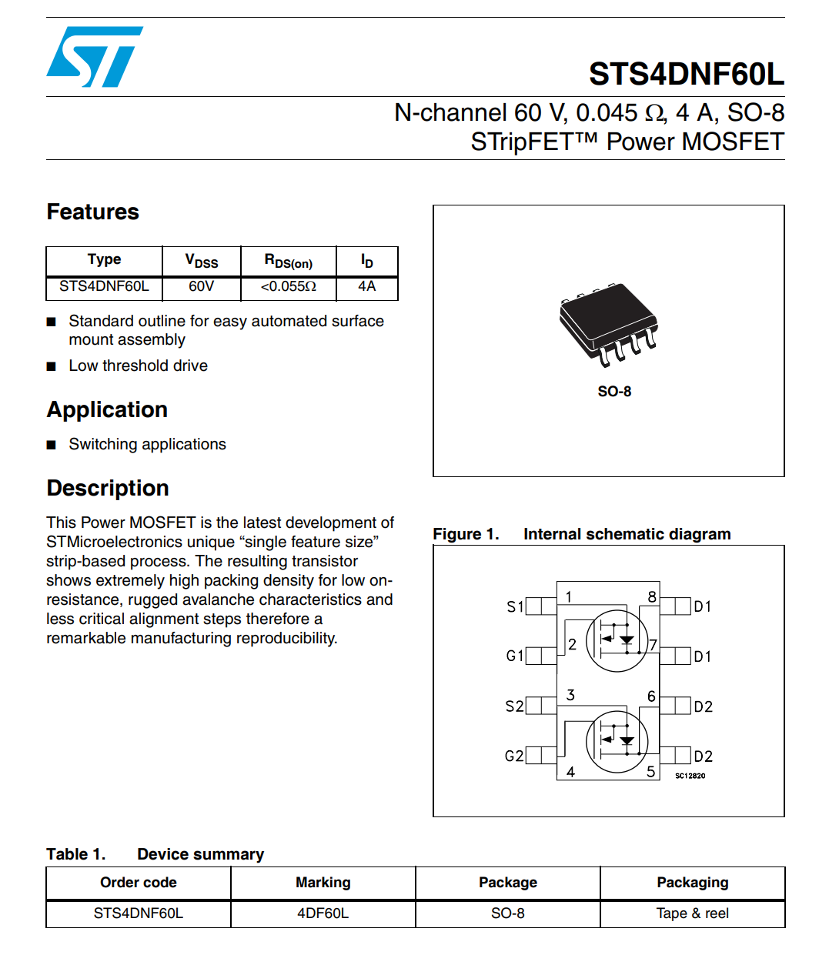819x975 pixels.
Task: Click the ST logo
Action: [x=95, y=57]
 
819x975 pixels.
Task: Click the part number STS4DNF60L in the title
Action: [x=686, y=74]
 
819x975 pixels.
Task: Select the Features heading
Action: [x=92, y=212]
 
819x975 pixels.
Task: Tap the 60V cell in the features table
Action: [x=201, y=286]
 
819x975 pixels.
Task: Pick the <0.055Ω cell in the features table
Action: [x=288, y=286]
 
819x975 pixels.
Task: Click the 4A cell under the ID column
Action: [x=366, y=286]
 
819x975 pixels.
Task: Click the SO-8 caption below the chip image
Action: [x=614, y=392]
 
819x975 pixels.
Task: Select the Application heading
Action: [x=107, y=409]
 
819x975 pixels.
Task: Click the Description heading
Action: [x=108, y=488]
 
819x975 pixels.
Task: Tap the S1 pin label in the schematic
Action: [x=514, y=606]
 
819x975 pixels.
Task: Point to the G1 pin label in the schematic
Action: [x=514, y=656]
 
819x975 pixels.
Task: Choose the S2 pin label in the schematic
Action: [x=514, y=706]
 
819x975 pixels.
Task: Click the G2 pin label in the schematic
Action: [x=513, y=756]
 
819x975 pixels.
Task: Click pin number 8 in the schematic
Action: [x=652, y=596]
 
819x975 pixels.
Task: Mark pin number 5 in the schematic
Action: [x=650, y=771]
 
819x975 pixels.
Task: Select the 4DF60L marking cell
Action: [x=323, y=913]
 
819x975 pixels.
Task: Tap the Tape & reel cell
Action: [x=692, y=913]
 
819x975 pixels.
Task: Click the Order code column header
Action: [x=139, y=883]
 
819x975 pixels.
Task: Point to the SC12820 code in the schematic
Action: [x=690, y=776]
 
